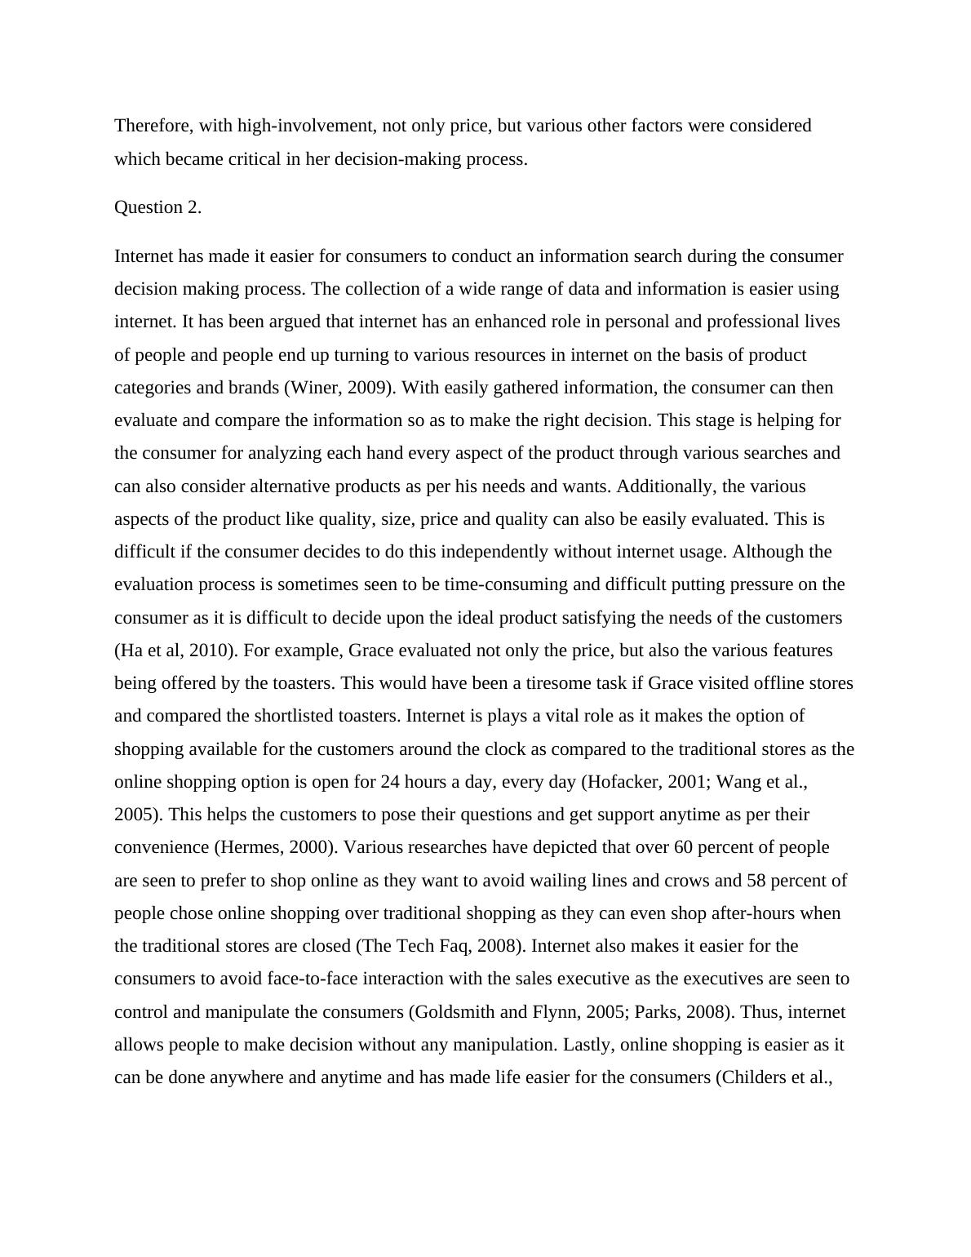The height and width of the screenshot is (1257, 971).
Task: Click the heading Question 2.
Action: [157, 207]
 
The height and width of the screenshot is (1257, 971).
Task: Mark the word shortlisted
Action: [294, 716]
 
